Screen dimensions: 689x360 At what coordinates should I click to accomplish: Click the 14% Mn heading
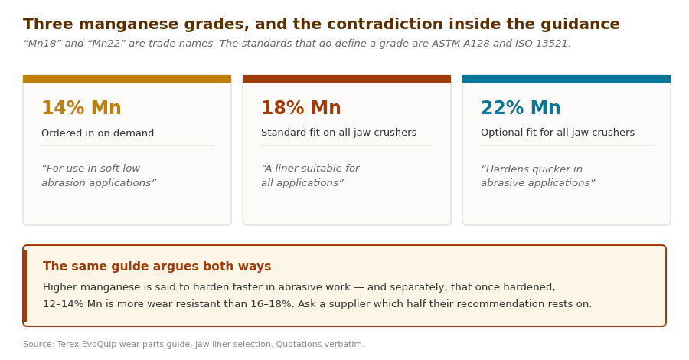click(x=81, y=108)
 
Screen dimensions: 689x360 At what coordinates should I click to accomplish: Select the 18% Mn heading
click(x=301, y=108)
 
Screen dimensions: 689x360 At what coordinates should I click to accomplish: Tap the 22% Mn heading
click(x=521, y=108)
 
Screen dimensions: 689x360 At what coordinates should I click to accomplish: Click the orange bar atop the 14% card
click(x=127, y=79)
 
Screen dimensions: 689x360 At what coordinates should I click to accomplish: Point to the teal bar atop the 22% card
click(x=567, y=79)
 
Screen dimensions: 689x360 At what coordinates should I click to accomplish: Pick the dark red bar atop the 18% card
click(x=347, y=79)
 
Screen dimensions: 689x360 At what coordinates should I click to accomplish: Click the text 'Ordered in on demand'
click(x=97, y=133)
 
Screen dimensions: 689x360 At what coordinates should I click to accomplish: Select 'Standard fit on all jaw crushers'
click(x=339, y=133)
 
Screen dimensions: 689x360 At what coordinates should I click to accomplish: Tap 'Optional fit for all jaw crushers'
click(x=557, y=133)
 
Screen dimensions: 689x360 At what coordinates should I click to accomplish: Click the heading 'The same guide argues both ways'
click(x=157, y=267)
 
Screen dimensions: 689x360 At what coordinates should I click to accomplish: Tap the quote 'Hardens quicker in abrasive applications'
click(x=538, y=176)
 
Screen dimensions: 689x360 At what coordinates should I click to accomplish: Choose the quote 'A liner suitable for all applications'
click(x=310, y=175)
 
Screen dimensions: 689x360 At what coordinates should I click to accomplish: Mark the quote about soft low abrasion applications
click(x=99, y=175)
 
